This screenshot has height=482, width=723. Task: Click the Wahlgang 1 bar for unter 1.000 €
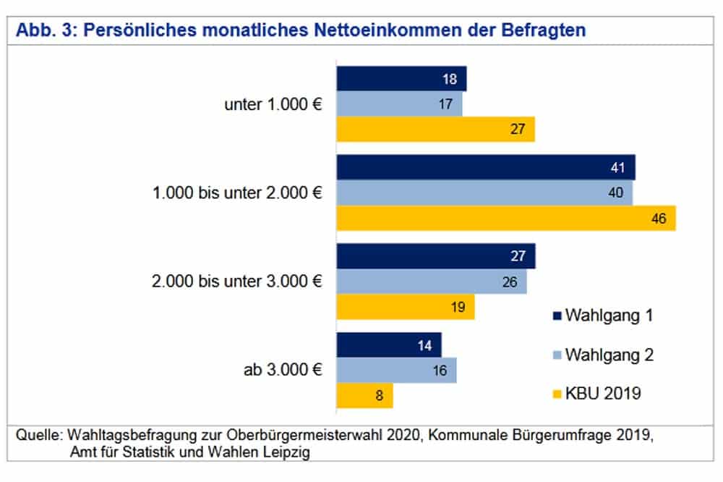click(x=401, y=79)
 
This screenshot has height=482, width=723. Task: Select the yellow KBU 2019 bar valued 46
click(x=506, y=218)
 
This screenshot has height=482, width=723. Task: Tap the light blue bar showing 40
click(x=484, y=193)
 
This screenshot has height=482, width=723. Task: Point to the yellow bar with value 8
click(x=365, y=395)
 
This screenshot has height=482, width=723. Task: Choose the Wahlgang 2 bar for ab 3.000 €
click(x=397, y=370)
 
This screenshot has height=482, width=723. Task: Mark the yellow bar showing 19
click(x=406, y=307)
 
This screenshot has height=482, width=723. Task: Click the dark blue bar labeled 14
click(x=389, y=345)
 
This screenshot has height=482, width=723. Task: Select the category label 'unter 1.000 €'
click(x=273, y=104)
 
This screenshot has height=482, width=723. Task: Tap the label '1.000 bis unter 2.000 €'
click(x=236, y=193)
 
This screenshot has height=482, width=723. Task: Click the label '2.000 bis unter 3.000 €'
click(x=236, y=282)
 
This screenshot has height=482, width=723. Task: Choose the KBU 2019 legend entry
click(x=596, y=394)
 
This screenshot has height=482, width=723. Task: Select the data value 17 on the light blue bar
click(x=445, y=105)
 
